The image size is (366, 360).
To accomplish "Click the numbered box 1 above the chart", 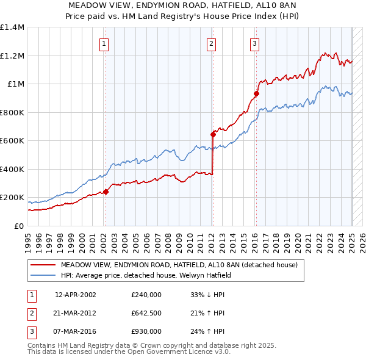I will (105, 43).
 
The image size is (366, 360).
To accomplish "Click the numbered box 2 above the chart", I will (211, 43).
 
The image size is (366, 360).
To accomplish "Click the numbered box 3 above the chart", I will (254, 43).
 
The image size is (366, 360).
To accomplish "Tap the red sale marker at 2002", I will (106, 192).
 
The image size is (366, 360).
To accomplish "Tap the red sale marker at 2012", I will (213, 134).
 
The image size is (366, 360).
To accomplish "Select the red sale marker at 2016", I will (257, 93).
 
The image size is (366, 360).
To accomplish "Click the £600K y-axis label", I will (12, 141).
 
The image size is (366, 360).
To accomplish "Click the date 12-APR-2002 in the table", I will (76, 295).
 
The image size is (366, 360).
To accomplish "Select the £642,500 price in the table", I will (146, 313).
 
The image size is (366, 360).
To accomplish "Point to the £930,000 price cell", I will (146, 331).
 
